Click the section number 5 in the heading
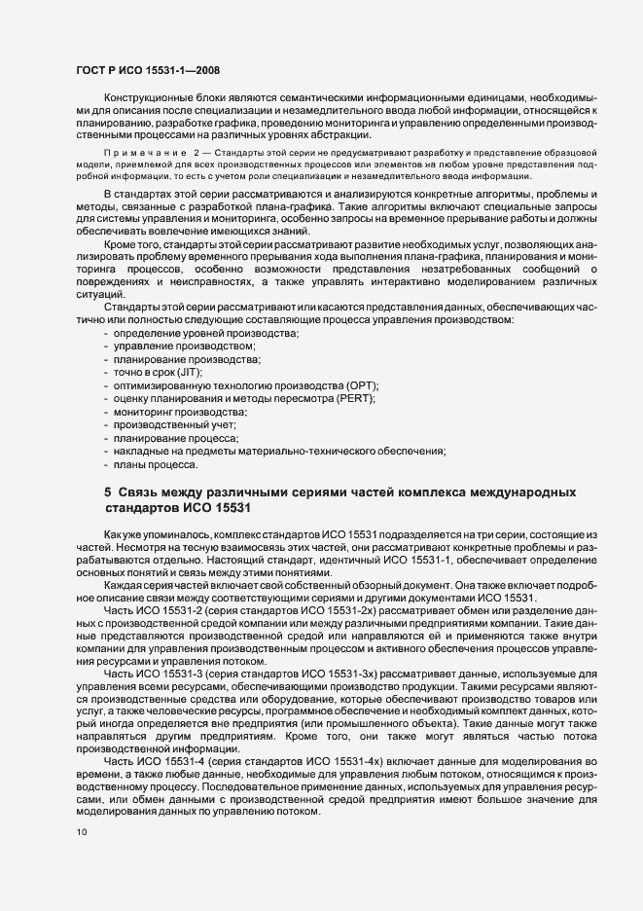point(108,492)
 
